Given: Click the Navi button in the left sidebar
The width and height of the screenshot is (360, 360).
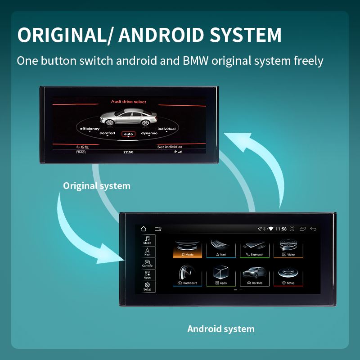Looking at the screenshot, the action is [x=148, y=252].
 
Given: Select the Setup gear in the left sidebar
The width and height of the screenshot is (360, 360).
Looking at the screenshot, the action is [x=148, y=287].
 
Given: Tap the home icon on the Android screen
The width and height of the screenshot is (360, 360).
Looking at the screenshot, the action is [x=144, y=229].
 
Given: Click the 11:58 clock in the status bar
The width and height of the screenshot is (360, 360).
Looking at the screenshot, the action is [x=281, y=229].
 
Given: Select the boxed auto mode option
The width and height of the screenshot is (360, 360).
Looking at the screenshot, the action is [x=129, y=134].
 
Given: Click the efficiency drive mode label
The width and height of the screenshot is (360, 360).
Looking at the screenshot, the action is [x=90, y=129].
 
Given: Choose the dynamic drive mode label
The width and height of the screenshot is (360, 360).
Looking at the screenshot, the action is [x=149, y=133].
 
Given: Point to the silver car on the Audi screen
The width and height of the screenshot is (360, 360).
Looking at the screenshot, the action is [x=128, y=118].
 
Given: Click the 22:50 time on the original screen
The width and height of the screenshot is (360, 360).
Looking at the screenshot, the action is [x=128, y=152].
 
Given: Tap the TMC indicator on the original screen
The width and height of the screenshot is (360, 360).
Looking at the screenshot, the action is [x=81, y=152].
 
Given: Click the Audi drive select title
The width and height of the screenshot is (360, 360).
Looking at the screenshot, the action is [x=129, y=102].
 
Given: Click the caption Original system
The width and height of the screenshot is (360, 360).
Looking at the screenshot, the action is [x=97, y=185].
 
